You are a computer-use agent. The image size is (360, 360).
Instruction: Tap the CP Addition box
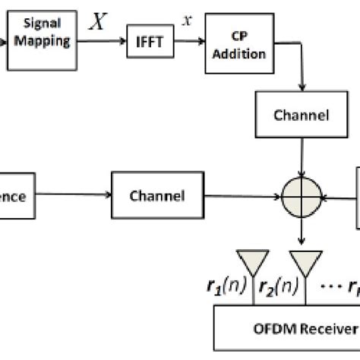[x=238, y=46]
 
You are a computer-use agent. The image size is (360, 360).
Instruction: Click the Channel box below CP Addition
[x=302, y=116]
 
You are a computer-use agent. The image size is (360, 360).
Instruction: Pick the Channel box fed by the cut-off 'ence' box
[x=157, y=196]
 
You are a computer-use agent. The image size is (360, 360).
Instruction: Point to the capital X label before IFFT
[x=97, y=23]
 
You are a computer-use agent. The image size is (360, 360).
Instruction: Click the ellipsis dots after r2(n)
[x=330, y=289]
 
